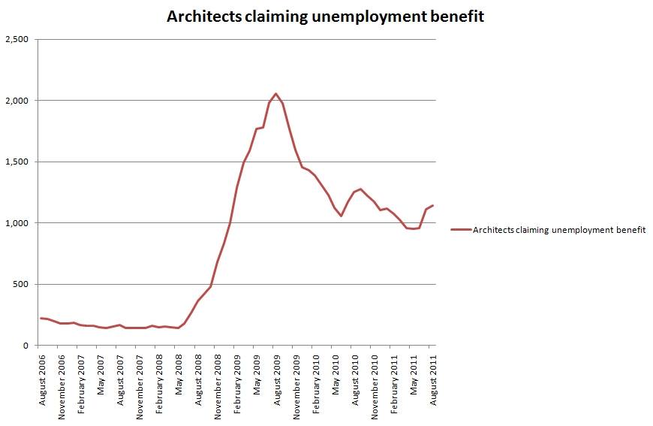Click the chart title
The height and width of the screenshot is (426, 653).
(x=325, y=16)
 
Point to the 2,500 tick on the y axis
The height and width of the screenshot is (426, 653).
(x=17, y=39)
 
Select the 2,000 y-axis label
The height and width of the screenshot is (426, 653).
(x=17, y=101)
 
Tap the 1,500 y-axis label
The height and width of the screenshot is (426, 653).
(x=17, y=162)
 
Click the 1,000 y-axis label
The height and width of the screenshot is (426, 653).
(x=17, y=223)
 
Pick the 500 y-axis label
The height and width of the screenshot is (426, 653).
(x=23, y=285)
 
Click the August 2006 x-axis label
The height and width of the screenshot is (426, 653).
(x=42, y=379)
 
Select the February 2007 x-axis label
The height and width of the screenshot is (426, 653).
(x=81, y=381)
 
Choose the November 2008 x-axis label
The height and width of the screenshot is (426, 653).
(x=218, y=382)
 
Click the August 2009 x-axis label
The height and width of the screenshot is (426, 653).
(x=277, y=379)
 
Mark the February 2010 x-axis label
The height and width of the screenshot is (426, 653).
(x=316, y=381)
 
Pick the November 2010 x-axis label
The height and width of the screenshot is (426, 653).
(x=375, y=382)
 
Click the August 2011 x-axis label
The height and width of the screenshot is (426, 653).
(x=433, y=379)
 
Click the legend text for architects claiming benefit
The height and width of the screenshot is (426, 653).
(x=559, y=231)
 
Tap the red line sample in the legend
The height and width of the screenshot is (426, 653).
(x=460, y=231)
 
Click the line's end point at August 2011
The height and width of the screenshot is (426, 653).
(x=433, y=205)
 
